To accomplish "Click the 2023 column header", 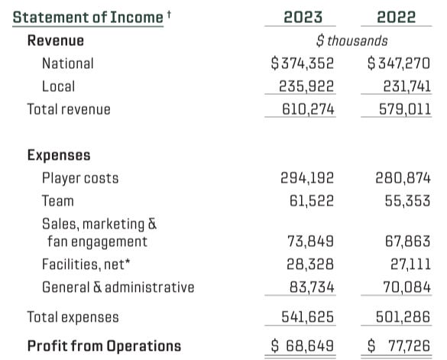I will pos(303,17).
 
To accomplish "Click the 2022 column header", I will pos(397,17).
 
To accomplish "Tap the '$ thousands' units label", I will pos(351,41).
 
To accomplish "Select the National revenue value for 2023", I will pos(303,63).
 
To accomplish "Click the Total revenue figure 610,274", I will pos(305,109).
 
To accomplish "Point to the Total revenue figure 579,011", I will pos(400,109).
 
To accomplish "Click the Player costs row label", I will pos(80,178).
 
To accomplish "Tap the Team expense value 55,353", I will pos(403,201).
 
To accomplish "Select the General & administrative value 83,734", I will pos(307,287).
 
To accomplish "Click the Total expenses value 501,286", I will pos(400,316).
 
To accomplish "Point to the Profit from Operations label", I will pos(104,345).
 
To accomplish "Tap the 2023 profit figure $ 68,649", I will pos(303,345).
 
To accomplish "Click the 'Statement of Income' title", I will pos(89,17).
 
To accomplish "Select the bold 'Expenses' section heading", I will pos(59,155).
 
